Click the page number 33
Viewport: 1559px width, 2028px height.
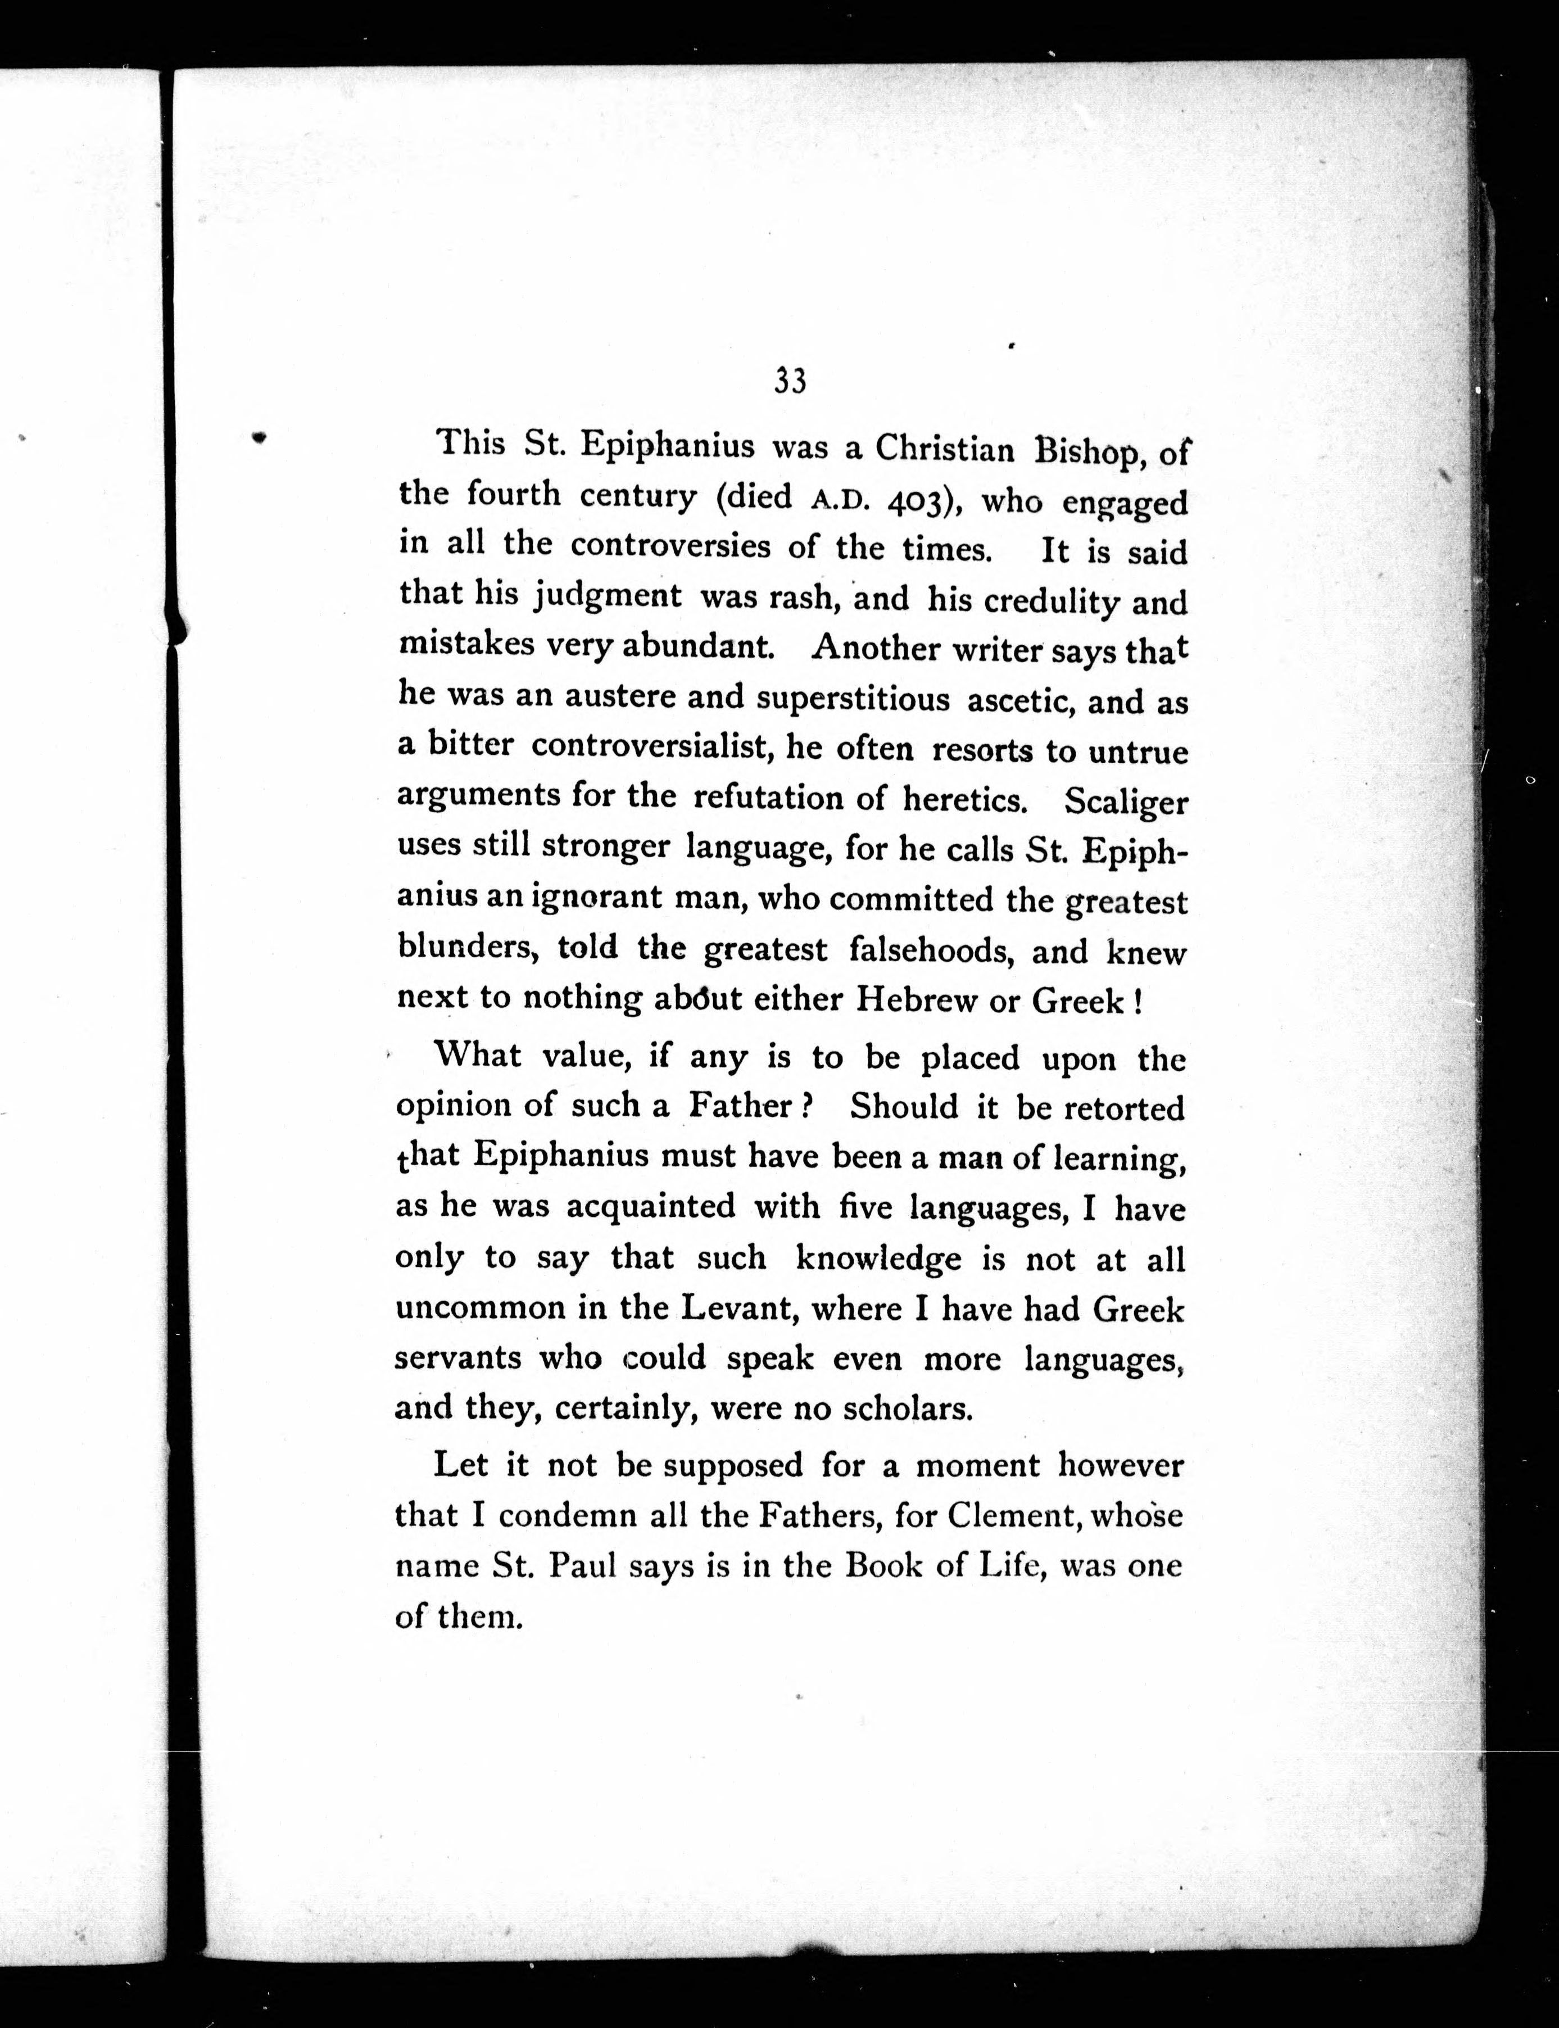pyautogui.click(x=790, y=382)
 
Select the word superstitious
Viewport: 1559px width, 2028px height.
pyautogui.click(x=853, y=699)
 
